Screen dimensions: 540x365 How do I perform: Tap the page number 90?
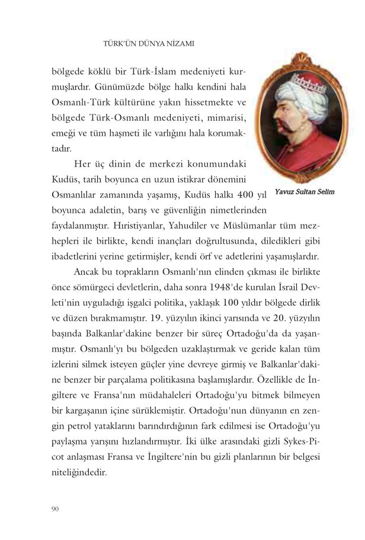click(x=56, y=508)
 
